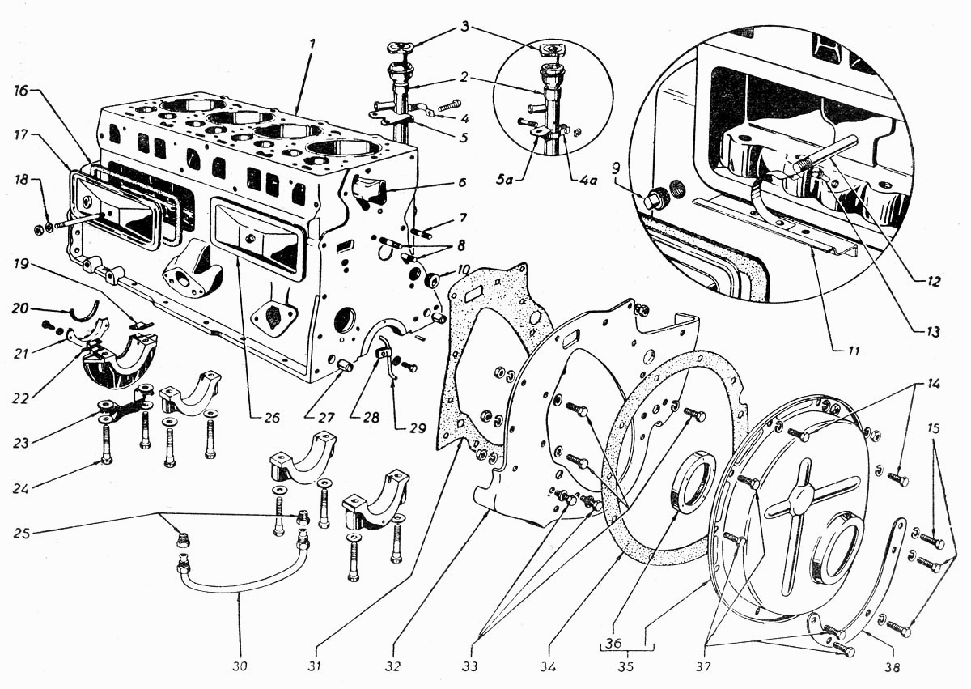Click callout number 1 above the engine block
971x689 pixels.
point(312,45)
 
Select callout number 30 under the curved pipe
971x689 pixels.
point(240,666)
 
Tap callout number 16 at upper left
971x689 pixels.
point(20,91)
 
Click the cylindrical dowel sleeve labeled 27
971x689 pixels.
point(345,367)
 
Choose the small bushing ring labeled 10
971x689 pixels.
point(434,278)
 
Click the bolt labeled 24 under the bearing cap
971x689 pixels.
point(106,444)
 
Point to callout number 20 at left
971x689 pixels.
point(20,308)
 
